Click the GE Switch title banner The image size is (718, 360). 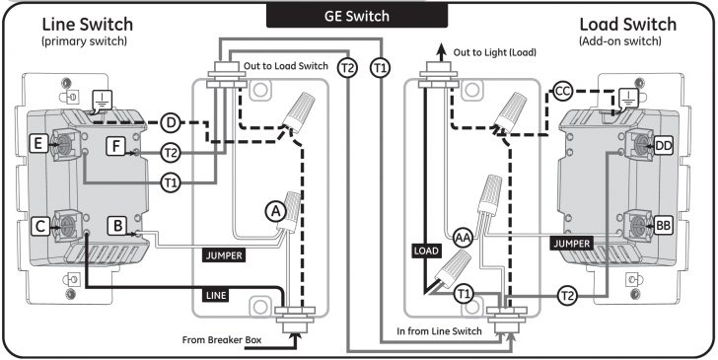tap(358, 16)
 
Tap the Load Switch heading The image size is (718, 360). tap(627, 24)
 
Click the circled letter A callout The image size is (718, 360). tap(274, 209)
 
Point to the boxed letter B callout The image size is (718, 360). tap(116, 226)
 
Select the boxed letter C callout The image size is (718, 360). tap(40, 226)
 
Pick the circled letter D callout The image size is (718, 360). tap(171, 122)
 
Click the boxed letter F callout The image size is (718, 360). tap(116, 146)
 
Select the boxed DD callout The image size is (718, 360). tap(663, 146)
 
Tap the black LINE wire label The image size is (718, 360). tap(218, 294)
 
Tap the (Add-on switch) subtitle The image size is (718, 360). tap(628, 42)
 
